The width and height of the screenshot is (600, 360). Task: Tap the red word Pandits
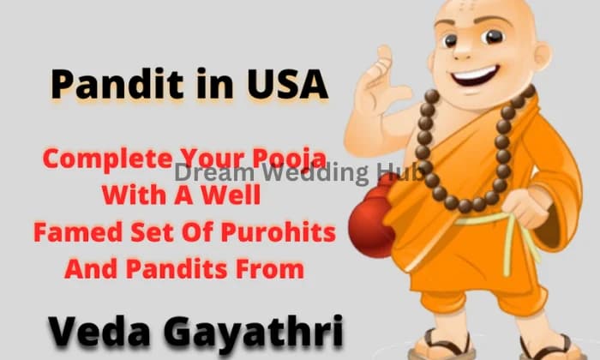coord(183,269)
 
